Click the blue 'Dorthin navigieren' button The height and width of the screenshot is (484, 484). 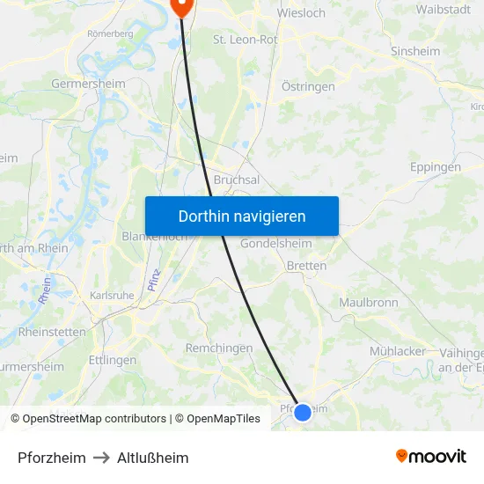pyautogui.click(x=242, y=216)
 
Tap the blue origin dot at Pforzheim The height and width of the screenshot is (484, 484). pyautogui.click(x=303, y=412)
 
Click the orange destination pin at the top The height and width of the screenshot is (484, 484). pyautogui.click(x=182, y=7)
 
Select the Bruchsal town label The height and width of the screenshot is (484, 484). pyautogui.click(x=236, y=180)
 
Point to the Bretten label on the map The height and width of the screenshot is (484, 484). pyautogui.click(x=307, y=266)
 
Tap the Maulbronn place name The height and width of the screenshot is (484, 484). pyautogui.click(x=369, y=303)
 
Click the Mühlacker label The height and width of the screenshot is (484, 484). pyautogui.click(x=398, y=351)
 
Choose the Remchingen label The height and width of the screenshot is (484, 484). pyautogui.click(x=219, y=348)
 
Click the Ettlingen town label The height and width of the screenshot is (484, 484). pyautogui.click(x=113, y=360)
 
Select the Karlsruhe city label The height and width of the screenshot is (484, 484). pyautogui.click(x=111, y=296)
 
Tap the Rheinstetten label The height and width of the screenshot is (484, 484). pyautogui.click(x=53, y=333)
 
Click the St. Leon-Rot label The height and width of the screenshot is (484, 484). pyautogui.click(x=246, y=40)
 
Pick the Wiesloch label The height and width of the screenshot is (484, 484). pyautogui.click(x=301, y=13)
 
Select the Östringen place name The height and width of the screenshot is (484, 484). pyautogui.click(x=308, y=87)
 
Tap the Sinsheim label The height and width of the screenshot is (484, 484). pyautogui.click(x=415, y=52)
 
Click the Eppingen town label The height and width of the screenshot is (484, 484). pyautogui.click(x=436, y=167)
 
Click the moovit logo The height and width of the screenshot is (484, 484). pyautogui.click(x=431, y=456)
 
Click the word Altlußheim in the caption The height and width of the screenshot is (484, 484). pyautogui.click(x=153, y=458)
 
